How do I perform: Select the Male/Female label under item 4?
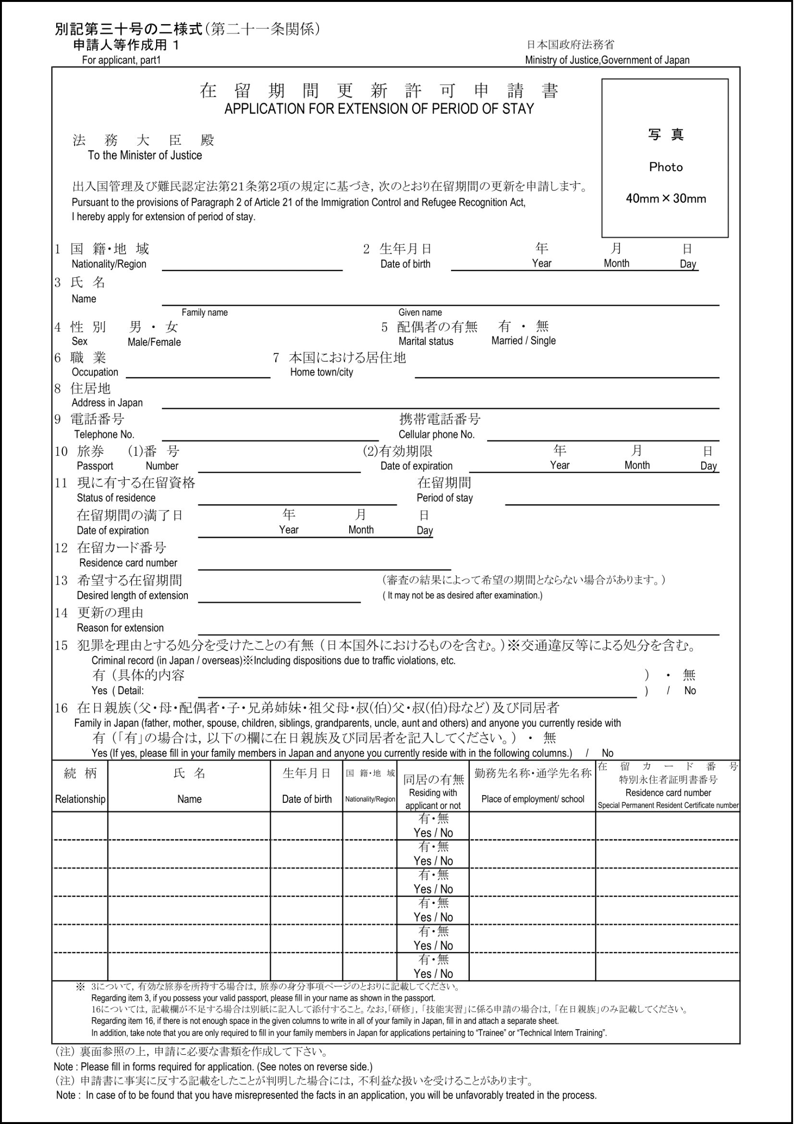point(154,342)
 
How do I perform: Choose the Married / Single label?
point(523,341)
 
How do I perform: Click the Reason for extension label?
point(121,627)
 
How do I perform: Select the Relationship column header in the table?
point(80,799)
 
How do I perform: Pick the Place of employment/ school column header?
point(532,799)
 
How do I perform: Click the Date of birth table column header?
point(306,799)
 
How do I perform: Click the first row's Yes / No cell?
point(433,833)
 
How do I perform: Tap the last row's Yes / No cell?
point(433,974)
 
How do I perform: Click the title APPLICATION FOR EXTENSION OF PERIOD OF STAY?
point(379,109)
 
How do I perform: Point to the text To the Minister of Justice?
point(145,156)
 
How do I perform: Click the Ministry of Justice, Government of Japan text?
point(607,60)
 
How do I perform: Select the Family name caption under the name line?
point(205,312)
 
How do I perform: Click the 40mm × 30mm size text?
point(665,199)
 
